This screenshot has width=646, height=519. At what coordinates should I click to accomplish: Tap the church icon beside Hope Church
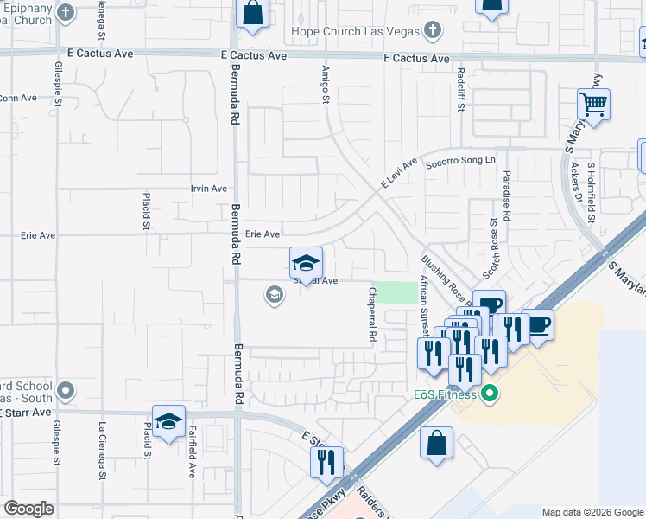pos(433,31)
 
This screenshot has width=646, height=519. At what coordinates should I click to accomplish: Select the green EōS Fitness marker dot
pos(491,395)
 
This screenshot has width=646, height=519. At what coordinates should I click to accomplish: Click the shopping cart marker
pos(594,106)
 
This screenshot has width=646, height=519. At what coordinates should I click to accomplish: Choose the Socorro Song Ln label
pos(462,161)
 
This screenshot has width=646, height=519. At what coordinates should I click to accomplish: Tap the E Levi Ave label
pos(399,174)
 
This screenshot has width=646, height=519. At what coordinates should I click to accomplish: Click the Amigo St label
pos(326,85)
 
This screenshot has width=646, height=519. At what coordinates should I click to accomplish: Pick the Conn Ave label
pos(17,98)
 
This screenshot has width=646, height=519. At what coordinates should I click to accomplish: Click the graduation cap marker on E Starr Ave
pos(169,421)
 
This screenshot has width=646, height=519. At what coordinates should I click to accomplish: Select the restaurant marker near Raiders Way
pos(326,463)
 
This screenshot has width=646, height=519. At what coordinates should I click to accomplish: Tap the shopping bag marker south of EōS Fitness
pos(437,444)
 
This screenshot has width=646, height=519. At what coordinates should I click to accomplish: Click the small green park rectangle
pos(398,292)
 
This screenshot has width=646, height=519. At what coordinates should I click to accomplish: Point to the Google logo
pos(29,509)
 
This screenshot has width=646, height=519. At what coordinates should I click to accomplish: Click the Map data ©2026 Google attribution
pos(592,512)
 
